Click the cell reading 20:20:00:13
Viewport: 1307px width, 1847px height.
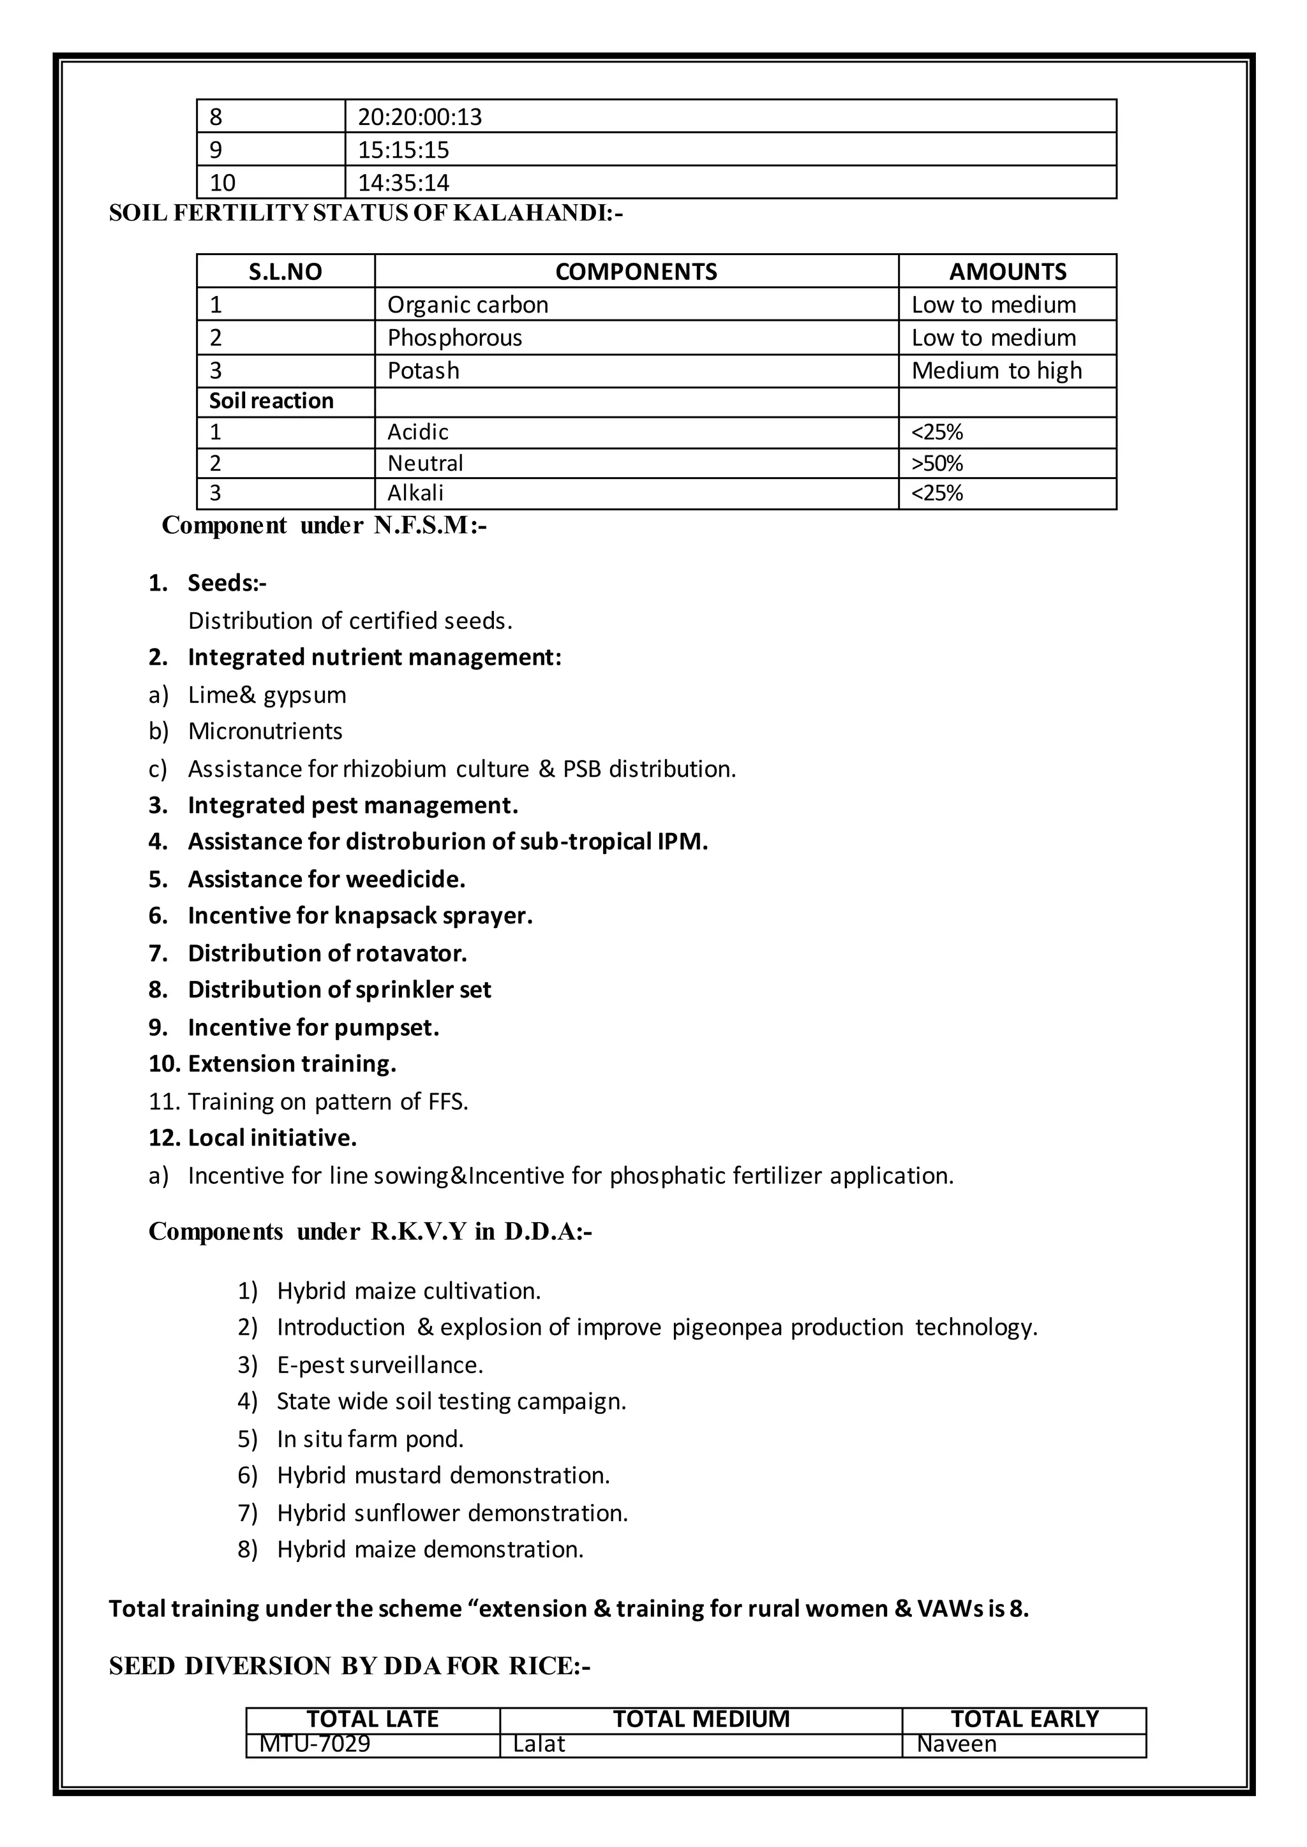coord(419,117)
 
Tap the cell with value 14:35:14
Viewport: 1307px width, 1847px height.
coord(403,182)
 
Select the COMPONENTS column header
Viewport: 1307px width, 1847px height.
coord(636,272)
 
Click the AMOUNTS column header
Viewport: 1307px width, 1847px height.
coord(1007,272)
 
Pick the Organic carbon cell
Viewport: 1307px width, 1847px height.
coord(468,305)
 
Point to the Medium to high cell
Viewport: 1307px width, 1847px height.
coord(996,371)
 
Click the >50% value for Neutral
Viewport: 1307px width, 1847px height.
coord(937,464)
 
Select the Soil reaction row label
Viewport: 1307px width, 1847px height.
coord(271,401)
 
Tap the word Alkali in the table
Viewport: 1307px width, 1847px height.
coord(415,493)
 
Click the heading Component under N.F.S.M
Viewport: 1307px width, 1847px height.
coord(324,526)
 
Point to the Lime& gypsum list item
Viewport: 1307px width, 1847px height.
coord(267,695)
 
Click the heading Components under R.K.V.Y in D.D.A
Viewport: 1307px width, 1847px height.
coord(370,1232)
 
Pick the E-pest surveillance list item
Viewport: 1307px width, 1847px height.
coord(380,1365)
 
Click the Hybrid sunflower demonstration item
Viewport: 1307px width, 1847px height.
coord(452,1513)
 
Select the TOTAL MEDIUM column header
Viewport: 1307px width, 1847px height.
coord(701,1719)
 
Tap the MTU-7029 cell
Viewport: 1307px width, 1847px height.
coord(315,1744)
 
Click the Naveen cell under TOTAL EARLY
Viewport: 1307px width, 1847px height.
coord(956,1744)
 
